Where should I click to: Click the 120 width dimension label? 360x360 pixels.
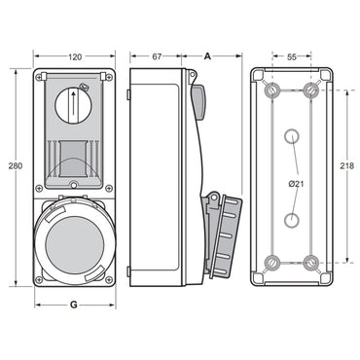(74, 56)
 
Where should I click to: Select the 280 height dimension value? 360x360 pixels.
(14, 166)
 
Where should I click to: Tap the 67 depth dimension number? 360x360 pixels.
(156, 56)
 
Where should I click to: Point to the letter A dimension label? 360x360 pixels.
(208, 56)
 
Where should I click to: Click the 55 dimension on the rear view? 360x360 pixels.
(292, 57)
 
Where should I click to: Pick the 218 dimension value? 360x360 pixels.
(346, 166)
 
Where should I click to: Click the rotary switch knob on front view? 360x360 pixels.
(74, 102)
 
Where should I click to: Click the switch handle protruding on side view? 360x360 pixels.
(198, 101)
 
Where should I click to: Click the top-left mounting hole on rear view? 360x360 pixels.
(272, 91)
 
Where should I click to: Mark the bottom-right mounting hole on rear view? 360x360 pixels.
(311, 262)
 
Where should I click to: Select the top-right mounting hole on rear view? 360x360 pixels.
(311, 91)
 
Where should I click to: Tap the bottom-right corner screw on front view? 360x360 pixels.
(109, 280)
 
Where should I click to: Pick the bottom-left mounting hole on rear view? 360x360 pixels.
(272, 262)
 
